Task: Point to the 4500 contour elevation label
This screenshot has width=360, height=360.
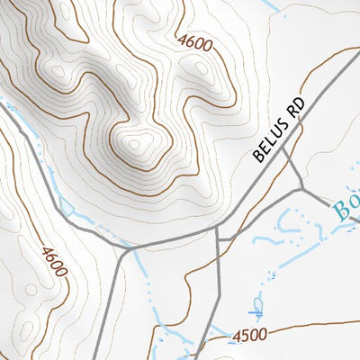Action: click(x=249, y=336)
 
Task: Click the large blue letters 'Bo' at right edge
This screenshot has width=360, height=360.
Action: click(x=346, y=209)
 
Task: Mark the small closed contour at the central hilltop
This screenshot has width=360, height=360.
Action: click(x=136, y=142)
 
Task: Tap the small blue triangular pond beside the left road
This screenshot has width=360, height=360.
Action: click(x=66, y=207)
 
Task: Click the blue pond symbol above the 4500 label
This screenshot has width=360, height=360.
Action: click(x=257, y=308)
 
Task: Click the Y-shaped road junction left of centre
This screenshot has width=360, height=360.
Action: click(x=122, y=246)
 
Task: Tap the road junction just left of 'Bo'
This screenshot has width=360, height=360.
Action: click(x=301, y=192)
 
